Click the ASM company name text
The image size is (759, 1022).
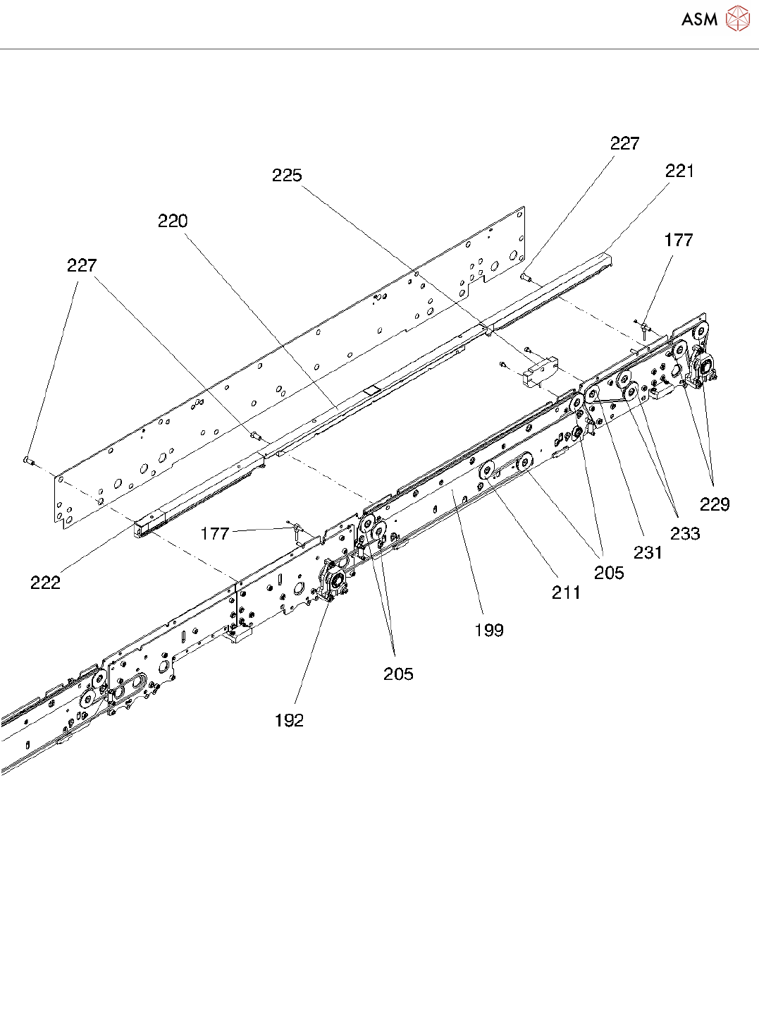tap(698, 19)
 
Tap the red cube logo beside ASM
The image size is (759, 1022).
tap(737, 18)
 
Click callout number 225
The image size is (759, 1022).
tap(287, 176)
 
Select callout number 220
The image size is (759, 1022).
tap(173, 221)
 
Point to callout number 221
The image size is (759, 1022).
tap(679, 171)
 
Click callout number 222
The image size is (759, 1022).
tap(45, 583)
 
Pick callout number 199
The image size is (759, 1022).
tap(489, 630)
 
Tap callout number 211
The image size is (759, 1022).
tap(566, 593)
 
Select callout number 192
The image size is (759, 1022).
tap(289, 720)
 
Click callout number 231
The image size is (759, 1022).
tap(648, 553)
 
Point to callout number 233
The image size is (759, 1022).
tap(685, 534)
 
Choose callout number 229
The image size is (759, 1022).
tap(714, 504)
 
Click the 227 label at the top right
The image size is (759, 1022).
tap(624, 144)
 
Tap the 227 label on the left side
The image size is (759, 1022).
tap(82, 266)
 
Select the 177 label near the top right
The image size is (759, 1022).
tap(678, 241)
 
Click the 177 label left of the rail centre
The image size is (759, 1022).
tap(215, 534)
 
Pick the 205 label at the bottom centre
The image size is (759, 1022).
tap(398, 674)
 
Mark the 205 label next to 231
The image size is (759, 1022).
tap(609, 573)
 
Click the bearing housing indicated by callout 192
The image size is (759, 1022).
tap(333, 580)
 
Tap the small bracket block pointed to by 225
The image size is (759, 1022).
tap(539, 372)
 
